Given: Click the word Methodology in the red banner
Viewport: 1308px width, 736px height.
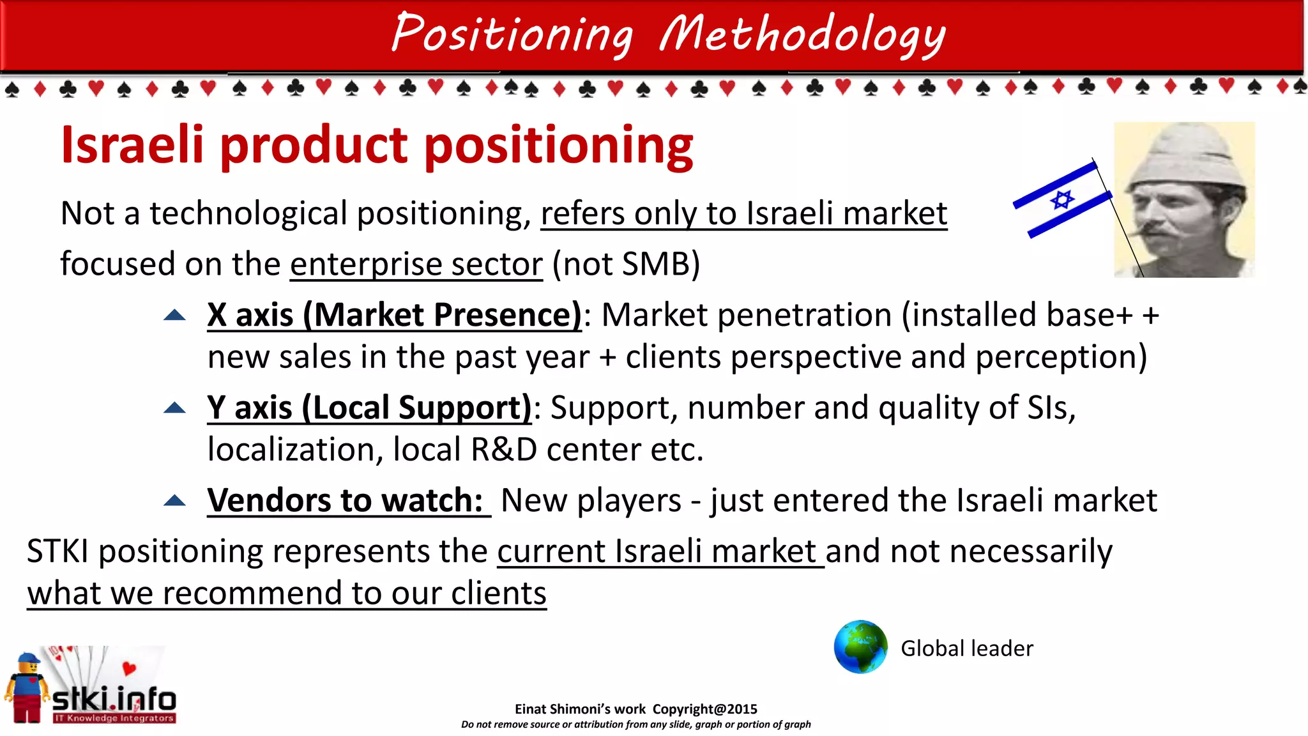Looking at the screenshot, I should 802,34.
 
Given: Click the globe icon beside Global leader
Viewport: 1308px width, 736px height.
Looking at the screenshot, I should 860,647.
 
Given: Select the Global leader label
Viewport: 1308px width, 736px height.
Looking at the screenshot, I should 966,648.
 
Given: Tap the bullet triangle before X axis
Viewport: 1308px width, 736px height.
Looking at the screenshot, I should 174,314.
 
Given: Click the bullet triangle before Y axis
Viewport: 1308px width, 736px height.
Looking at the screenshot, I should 174,408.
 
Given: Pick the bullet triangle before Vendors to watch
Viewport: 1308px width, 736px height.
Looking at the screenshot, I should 174,500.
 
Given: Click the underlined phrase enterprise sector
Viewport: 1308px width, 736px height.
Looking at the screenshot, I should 416,264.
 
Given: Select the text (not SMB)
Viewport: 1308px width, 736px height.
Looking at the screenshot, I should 626,264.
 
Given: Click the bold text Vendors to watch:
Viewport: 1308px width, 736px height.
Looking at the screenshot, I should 346,500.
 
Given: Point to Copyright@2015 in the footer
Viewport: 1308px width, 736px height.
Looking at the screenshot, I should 704,709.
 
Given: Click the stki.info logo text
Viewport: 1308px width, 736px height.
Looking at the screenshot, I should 114,700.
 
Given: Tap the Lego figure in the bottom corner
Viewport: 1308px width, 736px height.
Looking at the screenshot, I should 27,689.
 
